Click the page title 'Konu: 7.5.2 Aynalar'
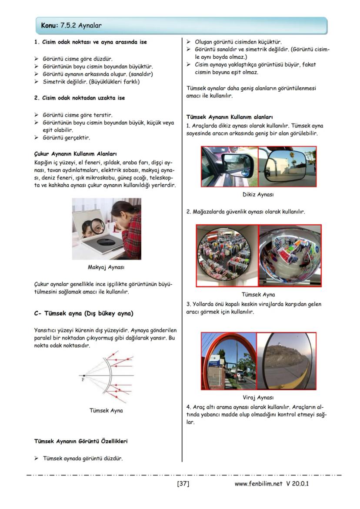point(71,26)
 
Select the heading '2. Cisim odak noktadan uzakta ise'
point(80,98)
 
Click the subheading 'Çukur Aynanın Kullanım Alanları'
point(75,154)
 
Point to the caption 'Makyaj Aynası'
point(106,267)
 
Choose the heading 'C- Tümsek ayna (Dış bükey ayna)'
point(83,313)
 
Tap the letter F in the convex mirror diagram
point(83,379)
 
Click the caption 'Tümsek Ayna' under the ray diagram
point(106,410)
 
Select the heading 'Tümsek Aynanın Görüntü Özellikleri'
point(80,441)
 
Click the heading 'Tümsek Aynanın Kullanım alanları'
point(229,117)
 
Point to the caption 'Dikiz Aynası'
point(258,195)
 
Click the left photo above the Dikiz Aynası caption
point(229,166)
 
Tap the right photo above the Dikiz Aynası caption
point(287,166)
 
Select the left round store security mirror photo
point(227,256)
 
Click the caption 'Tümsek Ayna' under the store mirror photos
point(258,294)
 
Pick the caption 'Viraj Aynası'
point(258,397)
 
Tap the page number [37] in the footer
point(183,483)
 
